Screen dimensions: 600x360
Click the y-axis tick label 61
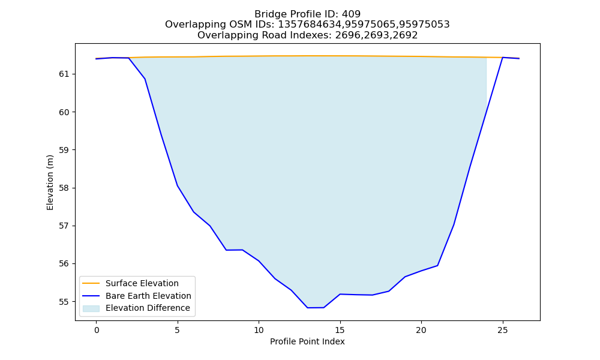click(64, 74)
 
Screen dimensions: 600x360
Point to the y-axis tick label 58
click(64, 188)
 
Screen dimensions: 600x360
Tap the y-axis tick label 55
click(64, 302)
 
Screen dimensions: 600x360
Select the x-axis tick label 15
click(340, 330)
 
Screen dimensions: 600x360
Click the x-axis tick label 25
click(502, 330)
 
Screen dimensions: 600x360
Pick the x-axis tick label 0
click(97, 330)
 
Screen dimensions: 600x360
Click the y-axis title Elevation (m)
click(50, 182)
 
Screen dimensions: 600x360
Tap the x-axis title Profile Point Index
click(307, 341)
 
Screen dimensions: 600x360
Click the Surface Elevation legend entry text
click(142, 283)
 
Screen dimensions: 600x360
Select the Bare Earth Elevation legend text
click(148, 296)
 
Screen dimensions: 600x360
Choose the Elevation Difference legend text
click(148, 308)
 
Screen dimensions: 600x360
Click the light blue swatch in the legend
click(91, 308)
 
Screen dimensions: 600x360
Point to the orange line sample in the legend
click(91, 283)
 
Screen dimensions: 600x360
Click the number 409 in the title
click(351, 14)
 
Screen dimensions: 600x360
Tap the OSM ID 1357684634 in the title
click(309, 25)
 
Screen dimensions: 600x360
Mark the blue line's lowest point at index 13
click(307, 308)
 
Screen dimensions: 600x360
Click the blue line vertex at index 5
click(178, 185)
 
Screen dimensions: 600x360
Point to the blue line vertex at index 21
click(437, 266)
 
